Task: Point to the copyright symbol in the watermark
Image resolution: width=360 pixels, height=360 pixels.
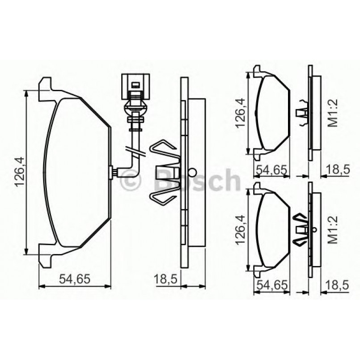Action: pyautogui.click(x=131, y=181)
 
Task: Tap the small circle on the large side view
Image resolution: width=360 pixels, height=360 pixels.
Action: pyautogui.click(x=193, y=171)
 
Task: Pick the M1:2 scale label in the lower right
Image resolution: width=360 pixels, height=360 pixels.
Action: pyautogui.click(x=333, y=229)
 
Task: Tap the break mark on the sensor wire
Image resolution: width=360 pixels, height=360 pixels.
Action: pyautogui.click(x=135, y=152)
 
